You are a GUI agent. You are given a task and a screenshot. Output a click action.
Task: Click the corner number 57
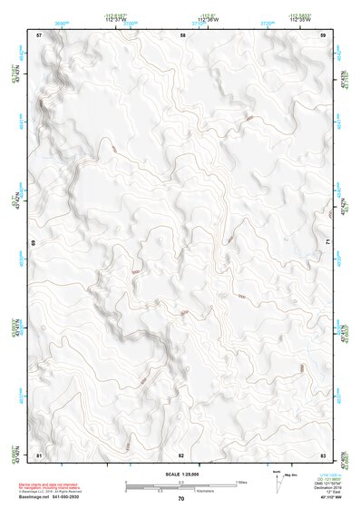pyautogui.click(x=39, y=34)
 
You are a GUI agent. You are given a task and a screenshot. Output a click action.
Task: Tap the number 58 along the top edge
pyautogui.click(x=182, y=34)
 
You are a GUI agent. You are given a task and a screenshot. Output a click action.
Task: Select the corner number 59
pyautogui.click(x=324, y=34)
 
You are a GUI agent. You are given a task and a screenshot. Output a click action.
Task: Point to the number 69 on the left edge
pyautogui.click(x=36, y=243)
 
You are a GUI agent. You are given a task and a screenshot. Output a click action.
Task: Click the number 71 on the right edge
pyautogui.click(x=326, y=243)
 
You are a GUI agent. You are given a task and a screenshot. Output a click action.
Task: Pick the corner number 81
pyautogui.click(x=39, y=454)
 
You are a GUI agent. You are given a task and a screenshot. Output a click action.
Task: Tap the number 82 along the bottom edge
pyautogui.click(x=181, y=454)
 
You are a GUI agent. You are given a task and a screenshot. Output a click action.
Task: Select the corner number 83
pyautogui.click(x=323, y=454)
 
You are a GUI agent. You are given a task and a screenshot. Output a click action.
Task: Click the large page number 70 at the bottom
pyautogui.click(x=181, y=499)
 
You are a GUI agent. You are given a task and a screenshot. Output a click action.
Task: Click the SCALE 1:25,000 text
pyautogui.click(x=181, y=475)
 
